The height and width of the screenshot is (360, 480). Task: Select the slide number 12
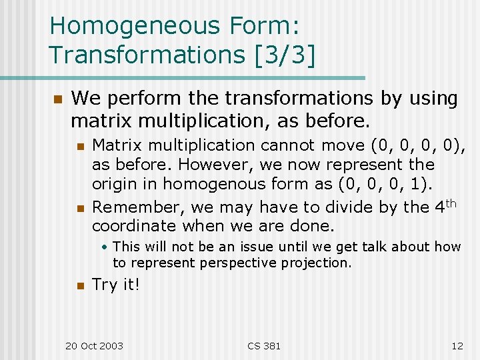click(457, 346)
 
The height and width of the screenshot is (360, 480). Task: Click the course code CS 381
click(264, 346)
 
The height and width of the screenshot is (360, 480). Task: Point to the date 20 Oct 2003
click(94, 346)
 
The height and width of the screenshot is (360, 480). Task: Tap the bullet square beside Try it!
click(81, 286)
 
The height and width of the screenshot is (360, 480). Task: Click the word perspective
click(241, 263)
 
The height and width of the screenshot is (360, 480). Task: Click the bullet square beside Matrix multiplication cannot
click(81, 146)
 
